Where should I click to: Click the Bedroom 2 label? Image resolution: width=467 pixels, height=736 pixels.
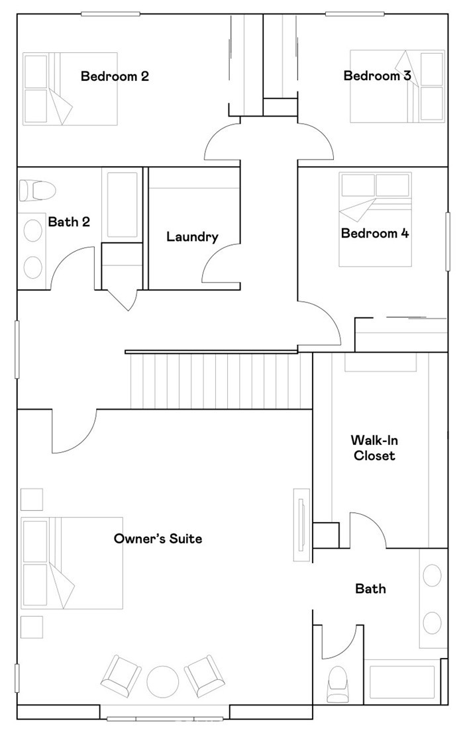[x=115, y=76]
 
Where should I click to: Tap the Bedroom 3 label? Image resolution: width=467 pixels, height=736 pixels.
[x=377, y=75]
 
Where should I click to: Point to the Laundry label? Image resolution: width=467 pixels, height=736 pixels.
[x=192, y=236]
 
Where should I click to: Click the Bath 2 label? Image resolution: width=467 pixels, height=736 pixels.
[x=69, y=222]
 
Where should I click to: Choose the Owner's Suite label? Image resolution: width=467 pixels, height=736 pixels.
[x=158, y=538]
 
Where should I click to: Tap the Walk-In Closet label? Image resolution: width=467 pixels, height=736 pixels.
[x=373, y=447]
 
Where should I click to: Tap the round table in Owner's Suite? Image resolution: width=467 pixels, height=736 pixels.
[x=163, y=682]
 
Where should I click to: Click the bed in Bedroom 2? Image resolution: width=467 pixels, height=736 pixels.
[x=70, y=89]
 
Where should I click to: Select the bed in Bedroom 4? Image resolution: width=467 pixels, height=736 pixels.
[x=375, y=219]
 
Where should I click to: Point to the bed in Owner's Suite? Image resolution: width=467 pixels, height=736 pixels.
[x=72, y=563]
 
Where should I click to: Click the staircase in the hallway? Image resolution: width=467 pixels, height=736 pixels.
[x=219, y=381]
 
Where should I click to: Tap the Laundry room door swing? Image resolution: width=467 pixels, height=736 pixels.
[x=219, y=265]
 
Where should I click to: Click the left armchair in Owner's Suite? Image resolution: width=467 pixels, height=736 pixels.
[x=121, y=675]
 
